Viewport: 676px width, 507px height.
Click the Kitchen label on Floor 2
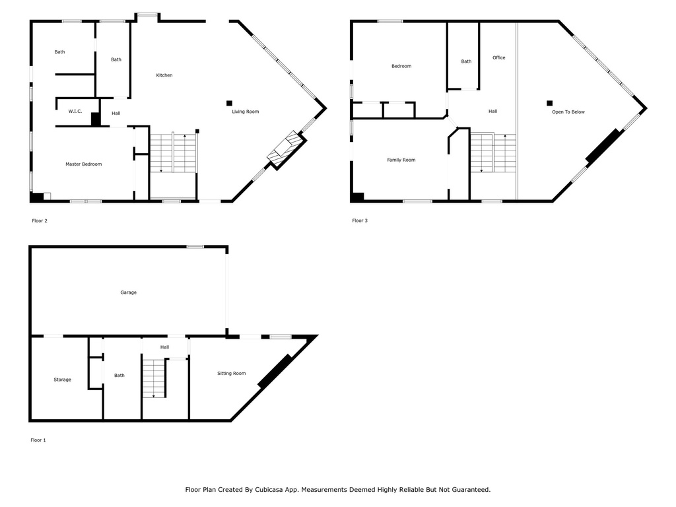point(164,75)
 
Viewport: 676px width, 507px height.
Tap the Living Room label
point(246,112)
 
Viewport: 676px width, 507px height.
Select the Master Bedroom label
point(84,164)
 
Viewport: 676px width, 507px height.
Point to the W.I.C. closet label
point(75,111)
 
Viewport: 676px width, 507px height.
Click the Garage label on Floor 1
point(129,292)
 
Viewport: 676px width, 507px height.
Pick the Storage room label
point(63,380)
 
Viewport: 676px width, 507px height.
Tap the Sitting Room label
point(232,374)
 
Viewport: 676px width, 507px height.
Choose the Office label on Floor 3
point(499,58)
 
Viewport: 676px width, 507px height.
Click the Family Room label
point(401,160)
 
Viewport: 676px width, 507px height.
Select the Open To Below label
point(568,112)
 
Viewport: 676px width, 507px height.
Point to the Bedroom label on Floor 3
point(401,67)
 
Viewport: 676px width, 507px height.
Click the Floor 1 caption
point(38,440)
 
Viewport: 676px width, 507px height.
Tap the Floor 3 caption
point(360,220)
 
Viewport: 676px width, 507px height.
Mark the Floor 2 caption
point(40,220)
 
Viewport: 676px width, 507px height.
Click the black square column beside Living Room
point(229,103)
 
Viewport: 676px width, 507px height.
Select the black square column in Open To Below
point(550,103)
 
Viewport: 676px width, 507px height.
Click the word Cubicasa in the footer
point(269,490)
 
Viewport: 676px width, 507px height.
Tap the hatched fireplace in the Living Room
point(287,150)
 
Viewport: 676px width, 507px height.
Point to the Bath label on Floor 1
point(119,376)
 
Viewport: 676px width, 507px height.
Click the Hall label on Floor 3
point(492,111)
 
